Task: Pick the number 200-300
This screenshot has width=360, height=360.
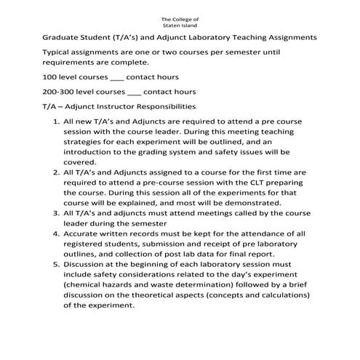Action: pyautogui.click(x=58, y=92)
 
